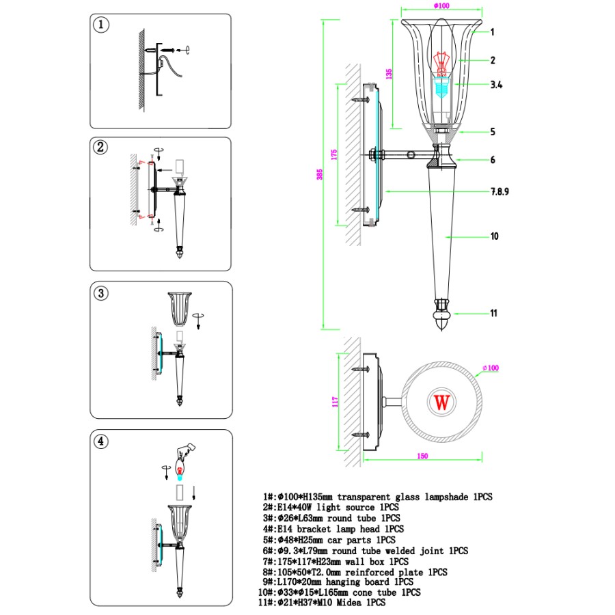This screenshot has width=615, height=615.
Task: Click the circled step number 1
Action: pyautogui.click(x=101, y=26)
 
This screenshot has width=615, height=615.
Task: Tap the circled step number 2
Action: pyautogui.click(x=101, y=147)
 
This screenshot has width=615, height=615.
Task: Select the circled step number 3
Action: pyautogui.click(x=101, y=293)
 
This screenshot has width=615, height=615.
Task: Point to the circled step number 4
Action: pyautogui.click(x=101, y=441)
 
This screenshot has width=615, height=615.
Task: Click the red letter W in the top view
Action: pyautogui.click(x=442, y=402)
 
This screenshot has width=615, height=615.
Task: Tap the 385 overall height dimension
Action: pyautogui.click(x=320, y=174)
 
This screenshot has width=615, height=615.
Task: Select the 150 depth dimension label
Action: pyautogui.click(x=422, y=456)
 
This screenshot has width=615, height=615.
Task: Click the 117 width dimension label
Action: pyautogui.click(x=336, y=402)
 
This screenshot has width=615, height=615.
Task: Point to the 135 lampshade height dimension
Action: pyautogui.click(x=389, y=74)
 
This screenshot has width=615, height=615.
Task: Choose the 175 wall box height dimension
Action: pyautogui.click(x=334, y=154)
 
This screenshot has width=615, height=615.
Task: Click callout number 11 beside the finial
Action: pyautogui.click(x=493, y=314)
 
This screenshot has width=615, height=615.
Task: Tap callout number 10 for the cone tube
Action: pyautogui.click(x=494, y=236)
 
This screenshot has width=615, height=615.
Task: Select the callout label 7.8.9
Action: pyautogui.click(x=500, y=192)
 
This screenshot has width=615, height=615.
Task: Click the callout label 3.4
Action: pyautogui.click(x=497, y=85)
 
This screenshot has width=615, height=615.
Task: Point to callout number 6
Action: pyautogui.click(x=492, y=160)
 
